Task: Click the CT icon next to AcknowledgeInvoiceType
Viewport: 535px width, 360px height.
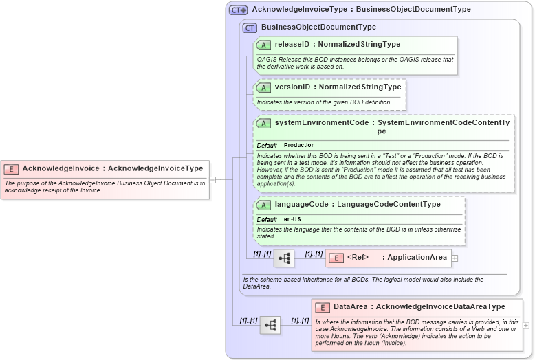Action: (239, 10)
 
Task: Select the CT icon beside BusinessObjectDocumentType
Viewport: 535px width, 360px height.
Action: (250, 27)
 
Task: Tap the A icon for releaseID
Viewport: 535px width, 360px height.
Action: (263, 45)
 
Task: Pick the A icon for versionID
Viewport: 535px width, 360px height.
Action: (263, 87)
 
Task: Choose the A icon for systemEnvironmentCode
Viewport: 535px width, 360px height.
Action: (263, 123)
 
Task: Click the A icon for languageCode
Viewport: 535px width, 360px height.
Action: (263, 205)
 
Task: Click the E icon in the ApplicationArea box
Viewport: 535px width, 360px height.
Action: (336, 258)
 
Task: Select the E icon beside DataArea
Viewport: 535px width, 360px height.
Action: (323, 307)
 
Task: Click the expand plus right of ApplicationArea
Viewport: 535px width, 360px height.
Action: (455, 258)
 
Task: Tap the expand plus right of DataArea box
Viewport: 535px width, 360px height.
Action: (526, 325)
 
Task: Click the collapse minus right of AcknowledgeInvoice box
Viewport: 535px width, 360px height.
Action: (212, 180)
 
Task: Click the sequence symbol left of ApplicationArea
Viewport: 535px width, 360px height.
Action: (284, 258)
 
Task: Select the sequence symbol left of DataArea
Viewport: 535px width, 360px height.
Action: (270, 325)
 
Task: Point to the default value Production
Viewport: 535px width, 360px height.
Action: (299, 146)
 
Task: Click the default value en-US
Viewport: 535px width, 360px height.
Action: (292, 219)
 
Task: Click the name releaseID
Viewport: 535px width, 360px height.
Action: (292, 45)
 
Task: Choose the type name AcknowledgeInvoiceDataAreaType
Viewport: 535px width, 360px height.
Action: (441, 307)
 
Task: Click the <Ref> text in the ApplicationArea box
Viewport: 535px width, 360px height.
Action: (358, 258)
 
